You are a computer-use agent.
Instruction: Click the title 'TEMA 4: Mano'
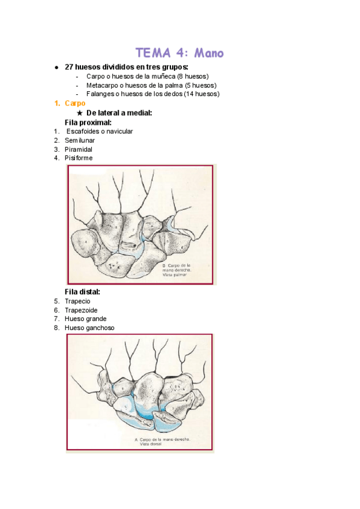[x=179, y=53]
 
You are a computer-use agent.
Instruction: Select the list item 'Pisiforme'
[x=79, y=158]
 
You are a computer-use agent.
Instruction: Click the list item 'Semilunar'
[x=80, y=140]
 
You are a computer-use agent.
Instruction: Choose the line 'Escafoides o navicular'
[x=100, y=131]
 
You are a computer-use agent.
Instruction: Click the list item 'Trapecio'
[x=77, y=301]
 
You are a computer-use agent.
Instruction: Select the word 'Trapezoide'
[x=81, y=310]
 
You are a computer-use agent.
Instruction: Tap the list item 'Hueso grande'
[x=85, y=319]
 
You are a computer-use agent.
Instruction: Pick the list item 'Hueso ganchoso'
[x=89, y=328]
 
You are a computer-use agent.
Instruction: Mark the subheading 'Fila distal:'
[x=82, y=292]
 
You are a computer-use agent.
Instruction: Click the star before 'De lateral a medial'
[x=80, y=113]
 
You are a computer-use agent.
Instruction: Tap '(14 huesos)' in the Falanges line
[x=202, y=94]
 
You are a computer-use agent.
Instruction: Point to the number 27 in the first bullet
[x=68, y=67]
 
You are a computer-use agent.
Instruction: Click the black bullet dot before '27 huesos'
[x=56, y=67]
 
